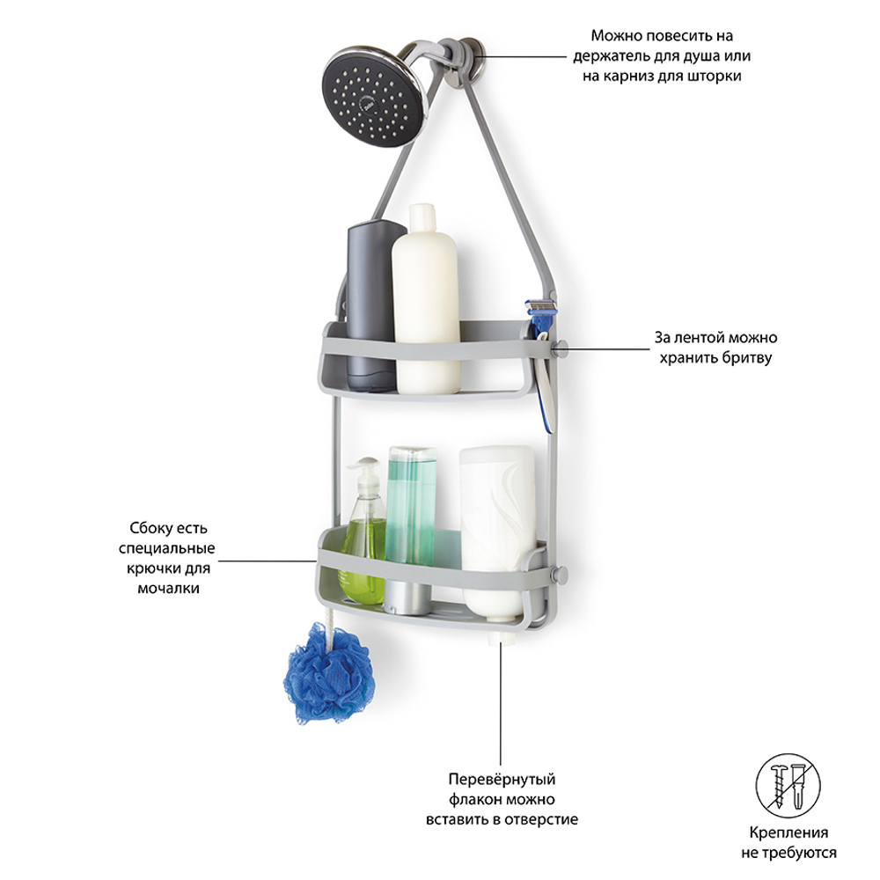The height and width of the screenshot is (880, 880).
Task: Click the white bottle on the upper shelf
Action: coord(426,299)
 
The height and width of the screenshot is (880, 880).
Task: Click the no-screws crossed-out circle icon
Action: coord(788,786)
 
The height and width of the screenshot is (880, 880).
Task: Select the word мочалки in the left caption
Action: coord(168,589)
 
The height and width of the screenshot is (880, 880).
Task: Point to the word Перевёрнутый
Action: coord(502,779)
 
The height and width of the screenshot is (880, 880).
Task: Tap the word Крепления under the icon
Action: coord(788,832)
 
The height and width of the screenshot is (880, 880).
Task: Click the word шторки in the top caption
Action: coord(714,77)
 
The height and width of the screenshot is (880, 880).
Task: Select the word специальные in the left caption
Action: coord(166,549)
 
